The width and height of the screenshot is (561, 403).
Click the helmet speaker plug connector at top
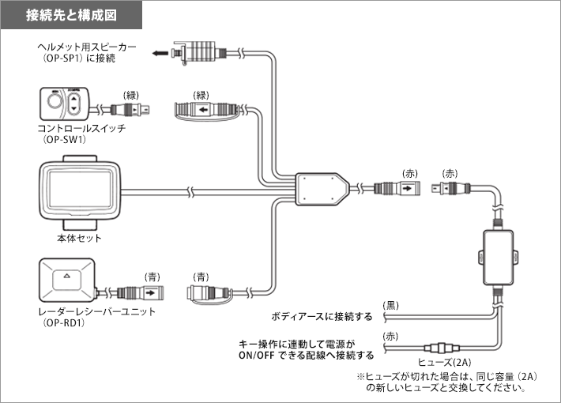click(198, 52)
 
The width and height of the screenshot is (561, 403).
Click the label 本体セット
click(81, 238)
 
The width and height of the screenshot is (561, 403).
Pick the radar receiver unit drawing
click(66, 279)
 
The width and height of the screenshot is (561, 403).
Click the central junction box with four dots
click(319, 189)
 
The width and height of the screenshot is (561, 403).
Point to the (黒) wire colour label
click(390, 305)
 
